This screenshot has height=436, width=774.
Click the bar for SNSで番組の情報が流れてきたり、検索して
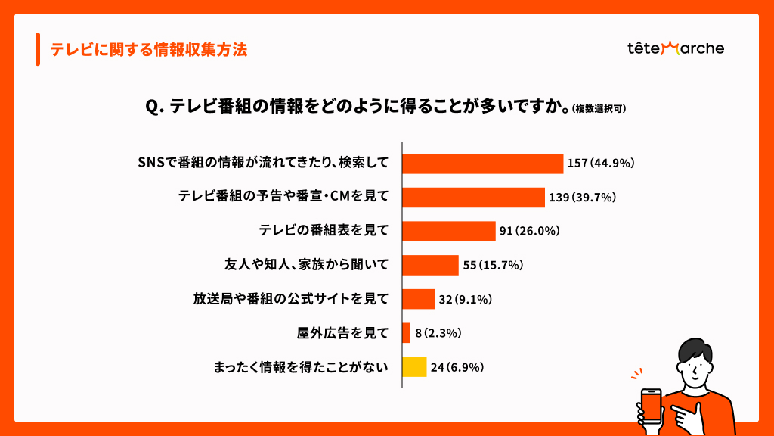(x=482, y=163)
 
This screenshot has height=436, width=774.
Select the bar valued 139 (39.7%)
(x=473, y=198)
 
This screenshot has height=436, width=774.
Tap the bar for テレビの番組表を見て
(x=448, y=231)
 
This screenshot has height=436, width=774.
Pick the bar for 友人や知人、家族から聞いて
(x=430, y=265)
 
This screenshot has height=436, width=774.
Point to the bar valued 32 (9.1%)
(x=418, y=299)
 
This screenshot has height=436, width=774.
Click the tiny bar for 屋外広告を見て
(x=406, y=333)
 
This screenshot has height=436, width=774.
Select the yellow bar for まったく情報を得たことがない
(x=414, y=367)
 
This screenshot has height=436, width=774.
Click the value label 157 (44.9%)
(x=601, y=163)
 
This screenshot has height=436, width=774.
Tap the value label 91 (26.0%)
(x=529, y=231)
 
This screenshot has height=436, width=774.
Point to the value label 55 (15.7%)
(x=493, y=265)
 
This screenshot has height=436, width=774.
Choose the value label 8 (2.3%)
(x=438, y=333)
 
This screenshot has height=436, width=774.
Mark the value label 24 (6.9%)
(x=457, y=367)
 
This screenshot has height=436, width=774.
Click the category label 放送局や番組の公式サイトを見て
(x=290, y=299)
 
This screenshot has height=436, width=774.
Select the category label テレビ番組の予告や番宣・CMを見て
(x=283, y=198)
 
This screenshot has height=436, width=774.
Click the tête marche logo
(x=676, y=48)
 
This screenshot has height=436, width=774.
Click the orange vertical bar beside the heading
(x=38, y=50)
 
